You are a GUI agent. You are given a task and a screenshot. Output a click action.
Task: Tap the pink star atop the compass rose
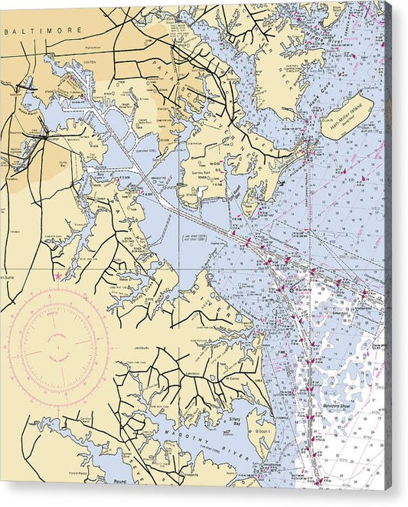coord(57,276)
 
